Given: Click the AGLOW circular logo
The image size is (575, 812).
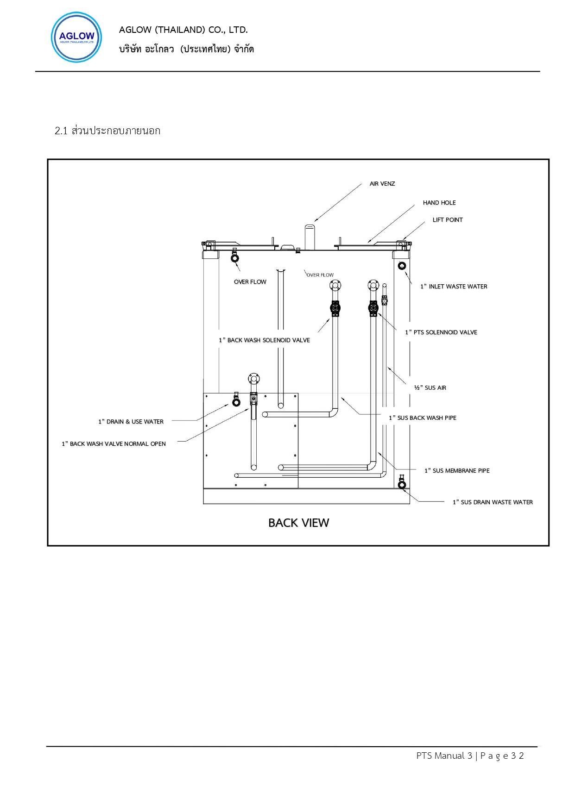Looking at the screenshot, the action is click(x=76, y=37).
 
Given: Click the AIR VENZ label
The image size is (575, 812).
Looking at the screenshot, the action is click(x=382, y=184).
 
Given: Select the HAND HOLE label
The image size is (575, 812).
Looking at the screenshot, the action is click(x=439, y=203).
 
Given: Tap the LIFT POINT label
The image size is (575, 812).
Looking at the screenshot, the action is click(x=448, y=220).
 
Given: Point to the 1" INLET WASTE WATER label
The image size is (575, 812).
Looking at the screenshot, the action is click(x=454, y=287).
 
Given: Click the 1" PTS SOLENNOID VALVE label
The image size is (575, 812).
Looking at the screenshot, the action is click(x=441, y=332).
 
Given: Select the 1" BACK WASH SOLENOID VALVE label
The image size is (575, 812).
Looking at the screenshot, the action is click(x=264, y=340).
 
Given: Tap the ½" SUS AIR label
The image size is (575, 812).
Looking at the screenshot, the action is click(x=430, y=388).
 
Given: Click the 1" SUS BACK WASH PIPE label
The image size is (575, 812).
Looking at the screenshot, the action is click(x=423, y=418).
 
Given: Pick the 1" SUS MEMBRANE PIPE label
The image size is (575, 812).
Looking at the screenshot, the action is click(x=457, y=471).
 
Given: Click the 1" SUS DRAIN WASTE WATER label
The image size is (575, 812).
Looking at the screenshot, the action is click(x=493, y=502).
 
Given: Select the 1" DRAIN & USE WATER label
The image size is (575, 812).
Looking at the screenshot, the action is click(x=131, y=422).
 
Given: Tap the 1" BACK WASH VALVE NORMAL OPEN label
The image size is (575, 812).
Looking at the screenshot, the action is click(x=114, y=444).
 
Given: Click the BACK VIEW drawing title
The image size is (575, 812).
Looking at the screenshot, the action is click(x=298, y=523).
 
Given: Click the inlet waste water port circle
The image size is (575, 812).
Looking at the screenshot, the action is click(x=401, y=266).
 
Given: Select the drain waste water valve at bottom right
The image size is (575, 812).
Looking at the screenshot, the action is click(x=402, y=483).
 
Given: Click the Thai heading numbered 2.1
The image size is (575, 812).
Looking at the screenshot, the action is click(x=107, y=131).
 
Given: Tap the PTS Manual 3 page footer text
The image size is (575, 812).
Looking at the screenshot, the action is click(x=470, y=756).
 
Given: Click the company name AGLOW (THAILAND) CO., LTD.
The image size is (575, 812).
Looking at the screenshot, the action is click(x=183, y=30).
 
